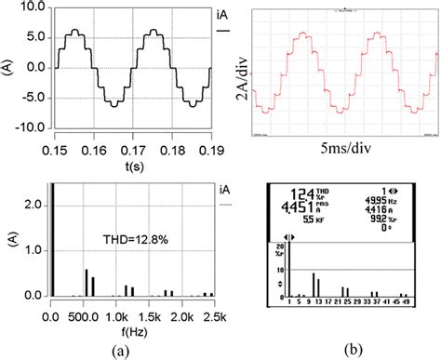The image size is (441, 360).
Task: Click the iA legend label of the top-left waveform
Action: pos(222,18)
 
